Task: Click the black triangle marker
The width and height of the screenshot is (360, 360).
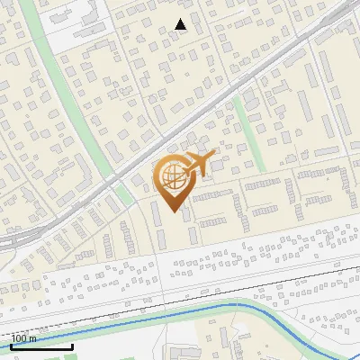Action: [x=181, y=24]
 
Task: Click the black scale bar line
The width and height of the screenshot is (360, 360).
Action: [x=41, y=346]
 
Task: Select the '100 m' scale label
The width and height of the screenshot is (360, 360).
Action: [x=24, y=338]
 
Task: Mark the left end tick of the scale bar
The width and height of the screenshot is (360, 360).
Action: [x=11, y=345]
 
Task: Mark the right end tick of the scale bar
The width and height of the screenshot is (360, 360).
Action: [x=73, y=345]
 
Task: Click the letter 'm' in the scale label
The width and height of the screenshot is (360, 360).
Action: [x=33, y=338]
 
